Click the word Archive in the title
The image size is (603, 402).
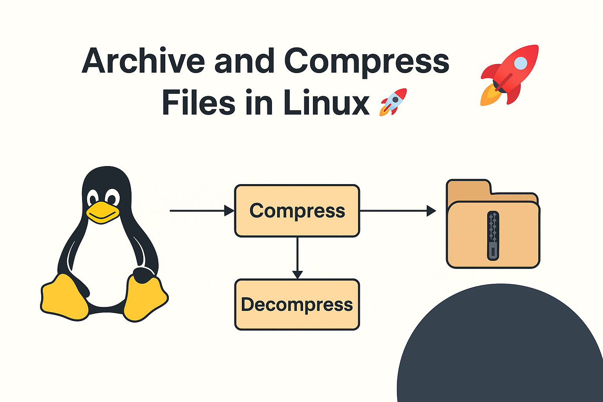click(x=143, y=61)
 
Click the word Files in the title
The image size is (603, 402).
click(x=198, y=103)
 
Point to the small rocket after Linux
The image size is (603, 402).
click(x=393, y=102)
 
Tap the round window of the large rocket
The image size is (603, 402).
click(x=520, y=63)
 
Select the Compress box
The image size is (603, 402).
click(x=297, y=211)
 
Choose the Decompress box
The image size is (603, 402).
click(x=297, y=305)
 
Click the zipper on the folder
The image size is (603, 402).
click(x=493, y=236)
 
